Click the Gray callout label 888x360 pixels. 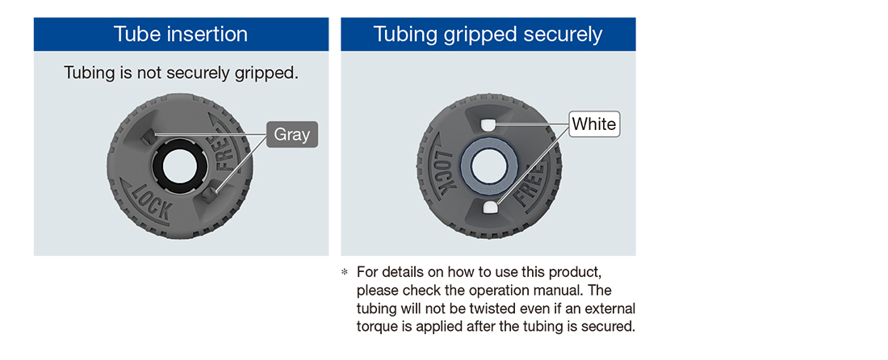[x=292, y=135]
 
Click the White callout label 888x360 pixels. [x=594, y=124]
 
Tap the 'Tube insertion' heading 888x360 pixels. [x=181, y=34]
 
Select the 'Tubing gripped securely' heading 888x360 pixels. [x=488, y=34]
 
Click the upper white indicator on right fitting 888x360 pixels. [x=487, y=124]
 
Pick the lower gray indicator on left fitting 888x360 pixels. [x=209, y=195]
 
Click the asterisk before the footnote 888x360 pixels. [x=344, y=272]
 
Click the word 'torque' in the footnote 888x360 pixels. [x=375, y=327]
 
